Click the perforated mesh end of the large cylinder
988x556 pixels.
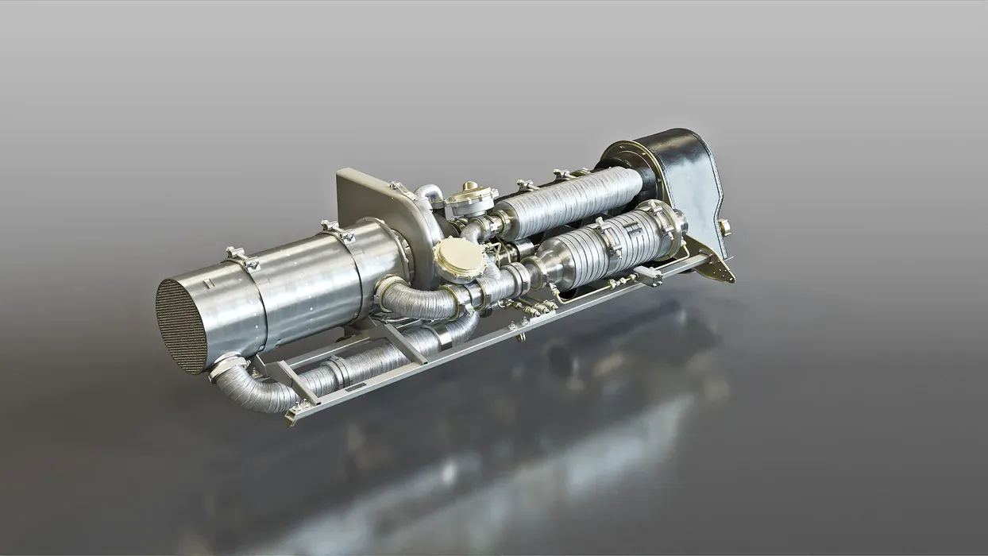coord(182,325)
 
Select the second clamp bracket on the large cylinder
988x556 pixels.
coord(337,231)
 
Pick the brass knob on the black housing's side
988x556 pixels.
coord(724,228)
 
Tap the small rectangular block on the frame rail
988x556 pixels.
coord(648,276)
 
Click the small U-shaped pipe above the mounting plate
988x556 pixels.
coord(429,193)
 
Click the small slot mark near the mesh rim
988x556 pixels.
coord(208,284)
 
